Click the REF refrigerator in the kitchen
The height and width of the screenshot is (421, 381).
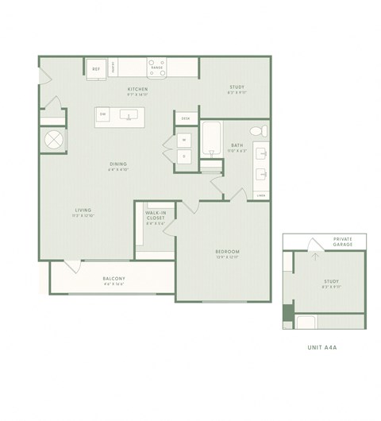click(x=97, y=69)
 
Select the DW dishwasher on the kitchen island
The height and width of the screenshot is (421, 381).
click(x=103, y=115)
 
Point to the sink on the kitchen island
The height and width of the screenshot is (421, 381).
click(x=128, y=115)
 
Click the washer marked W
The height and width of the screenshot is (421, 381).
click(x=183, y=140)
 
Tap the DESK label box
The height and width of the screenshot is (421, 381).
click(x=185, y=118)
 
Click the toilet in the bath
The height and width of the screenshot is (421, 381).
click(x=256, y=130)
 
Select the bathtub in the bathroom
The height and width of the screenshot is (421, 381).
click(x=212, y=140)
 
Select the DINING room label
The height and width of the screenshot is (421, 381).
click(x=118, y=165)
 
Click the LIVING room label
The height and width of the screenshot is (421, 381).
click(x=83, y=211)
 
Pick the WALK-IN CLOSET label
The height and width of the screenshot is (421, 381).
click(x=155, y=216)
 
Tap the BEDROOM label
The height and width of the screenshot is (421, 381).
click(x=227, y=253)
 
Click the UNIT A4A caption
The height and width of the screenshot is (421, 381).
click(x=324, y=346)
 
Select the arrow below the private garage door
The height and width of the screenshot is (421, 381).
click(x=315, y=256)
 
